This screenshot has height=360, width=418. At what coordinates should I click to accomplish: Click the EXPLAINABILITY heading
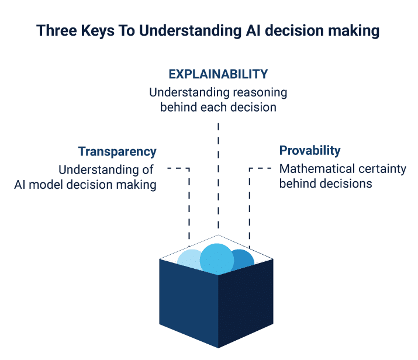(218, 74)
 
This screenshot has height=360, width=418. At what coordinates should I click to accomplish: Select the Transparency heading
(118, 152)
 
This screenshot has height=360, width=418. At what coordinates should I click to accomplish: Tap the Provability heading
(310, 151)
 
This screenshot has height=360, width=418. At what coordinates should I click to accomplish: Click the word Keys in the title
(98, 31)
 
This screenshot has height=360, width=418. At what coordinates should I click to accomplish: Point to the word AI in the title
(254, 30)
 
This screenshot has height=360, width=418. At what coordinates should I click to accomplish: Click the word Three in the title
(57, 30)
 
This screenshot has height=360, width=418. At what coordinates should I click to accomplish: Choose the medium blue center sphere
(217, 259)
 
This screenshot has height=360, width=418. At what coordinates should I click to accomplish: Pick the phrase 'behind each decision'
(218, 108)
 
